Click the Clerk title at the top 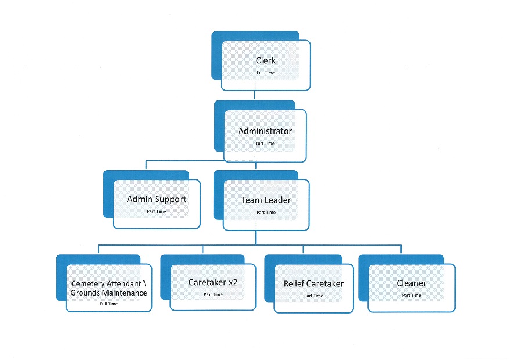point(266,60)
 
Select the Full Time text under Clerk point(266,73)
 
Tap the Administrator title point(265,131)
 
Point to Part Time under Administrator point(265,143)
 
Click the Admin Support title point(157,199)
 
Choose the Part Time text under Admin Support point(157,211)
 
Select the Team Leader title point(266,200)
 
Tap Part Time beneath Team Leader point(266,213)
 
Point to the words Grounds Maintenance point(109,293)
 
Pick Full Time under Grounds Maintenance point(109,304)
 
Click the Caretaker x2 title point(213,283)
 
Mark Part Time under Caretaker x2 point(213,295)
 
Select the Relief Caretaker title point(313,284)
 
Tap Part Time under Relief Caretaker point(313,296)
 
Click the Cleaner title point(411,283)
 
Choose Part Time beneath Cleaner point(411,296)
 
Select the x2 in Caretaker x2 point(233,283)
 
